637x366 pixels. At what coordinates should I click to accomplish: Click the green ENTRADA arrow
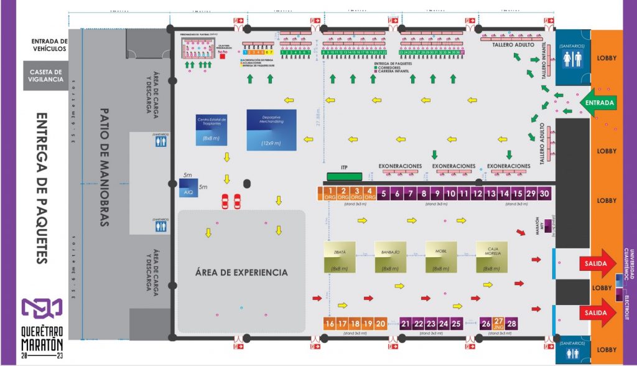point(597,101)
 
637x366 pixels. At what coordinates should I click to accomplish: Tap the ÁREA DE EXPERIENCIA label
point(241,273)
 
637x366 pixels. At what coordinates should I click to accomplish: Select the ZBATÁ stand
point(339,256)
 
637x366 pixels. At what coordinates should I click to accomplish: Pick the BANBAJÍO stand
point(391,256)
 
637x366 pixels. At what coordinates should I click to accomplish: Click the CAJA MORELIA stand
point(492,256)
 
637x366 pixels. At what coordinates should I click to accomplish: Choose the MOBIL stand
point(441,256)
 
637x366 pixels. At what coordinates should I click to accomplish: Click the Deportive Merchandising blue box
point(271,129)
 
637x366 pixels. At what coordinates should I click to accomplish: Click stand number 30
point(545,194)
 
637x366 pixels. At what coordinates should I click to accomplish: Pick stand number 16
point(330,324)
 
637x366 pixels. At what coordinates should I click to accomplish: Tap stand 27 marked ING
point(499,324)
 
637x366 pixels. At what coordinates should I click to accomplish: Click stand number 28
point(512,324)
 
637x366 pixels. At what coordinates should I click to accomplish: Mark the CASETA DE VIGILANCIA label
point(46,75)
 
